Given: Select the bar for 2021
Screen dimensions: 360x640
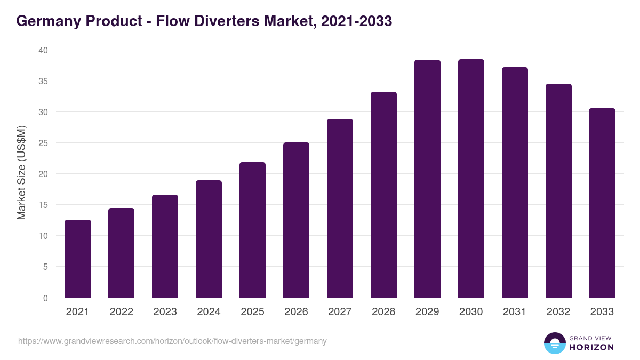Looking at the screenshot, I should click(78, 259).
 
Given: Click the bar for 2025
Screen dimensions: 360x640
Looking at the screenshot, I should click(252, 230).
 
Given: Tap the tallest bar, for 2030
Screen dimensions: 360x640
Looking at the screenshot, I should click(471, 179).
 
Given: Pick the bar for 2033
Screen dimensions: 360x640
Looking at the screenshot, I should click(602, 203).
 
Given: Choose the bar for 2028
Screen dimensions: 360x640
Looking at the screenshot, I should click(383, 195).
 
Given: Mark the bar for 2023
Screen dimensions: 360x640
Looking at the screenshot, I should click(165, 246).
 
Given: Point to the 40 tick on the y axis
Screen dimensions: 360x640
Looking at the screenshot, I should click(43, 50).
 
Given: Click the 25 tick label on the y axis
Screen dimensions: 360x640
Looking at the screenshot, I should click(43, 143).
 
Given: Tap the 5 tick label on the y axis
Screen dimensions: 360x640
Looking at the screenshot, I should click(45, 267).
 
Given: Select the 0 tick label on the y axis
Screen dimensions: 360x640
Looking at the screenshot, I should click(45, 298).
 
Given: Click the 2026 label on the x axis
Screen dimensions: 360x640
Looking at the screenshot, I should click(296, 312).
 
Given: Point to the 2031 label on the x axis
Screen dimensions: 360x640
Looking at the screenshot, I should click(515, 312).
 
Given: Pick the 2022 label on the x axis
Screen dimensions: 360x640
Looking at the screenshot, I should click(121, 312).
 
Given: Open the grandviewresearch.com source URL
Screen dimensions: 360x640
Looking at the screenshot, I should click(172, 341).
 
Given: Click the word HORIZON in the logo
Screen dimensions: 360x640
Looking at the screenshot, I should click(591, 347).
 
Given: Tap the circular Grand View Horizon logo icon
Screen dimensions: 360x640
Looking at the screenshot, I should click(555, 343).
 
